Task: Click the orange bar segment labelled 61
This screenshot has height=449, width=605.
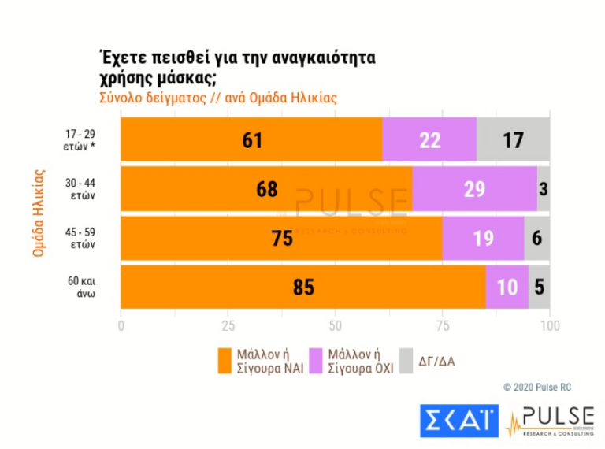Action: click(x=251, y=140)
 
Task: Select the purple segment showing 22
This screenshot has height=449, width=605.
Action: click(x=429, y=140)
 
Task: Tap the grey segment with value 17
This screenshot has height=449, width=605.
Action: click(x=513, y=140)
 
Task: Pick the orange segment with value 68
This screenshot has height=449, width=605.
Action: click(x=266, y=190)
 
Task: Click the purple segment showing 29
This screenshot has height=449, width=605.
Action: click(x=474, y=190)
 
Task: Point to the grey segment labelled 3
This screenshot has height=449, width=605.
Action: click(x=544, y=190)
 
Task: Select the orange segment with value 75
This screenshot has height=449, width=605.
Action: click(x=281, y=239)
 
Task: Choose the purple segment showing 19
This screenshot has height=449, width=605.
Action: click(x=483, y=239)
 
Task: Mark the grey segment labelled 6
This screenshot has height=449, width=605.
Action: click(x=537, y=239)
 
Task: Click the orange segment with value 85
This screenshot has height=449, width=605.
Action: click(x=303, y=288)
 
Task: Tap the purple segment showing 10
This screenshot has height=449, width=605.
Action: click(x=507, y=288)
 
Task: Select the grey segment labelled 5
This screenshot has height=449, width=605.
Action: click(x=539, y=288)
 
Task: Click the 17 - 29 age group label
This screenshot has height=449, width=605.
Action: click(x=81, y=140)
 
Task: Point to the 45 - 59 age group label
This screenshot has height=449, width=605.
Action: click(x=81, y=239)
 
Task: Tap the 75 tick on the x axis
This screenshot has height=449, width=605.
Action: click(x=442, y=325)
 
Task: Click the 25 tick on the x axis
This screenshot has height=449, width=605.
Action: click(x=228, y=325)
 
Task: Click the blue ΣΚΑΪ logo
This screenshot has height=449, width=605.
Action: click(x=459, y=420)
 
